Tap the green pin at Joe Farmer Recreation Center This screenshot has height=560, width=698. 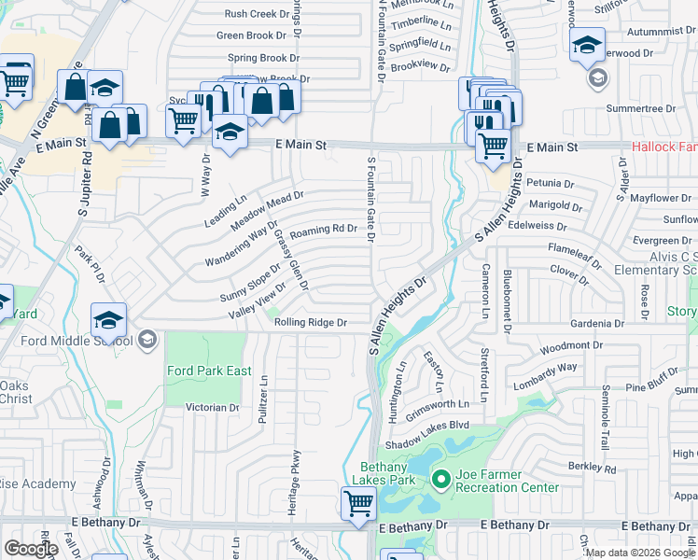coord(440,480)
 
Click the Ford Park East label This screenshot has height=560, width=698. coord(209,371)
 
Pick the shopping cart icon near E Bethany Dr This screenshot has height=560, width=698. coord(358,504)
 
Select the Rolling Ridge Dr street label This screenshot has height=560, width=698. coord(311,322)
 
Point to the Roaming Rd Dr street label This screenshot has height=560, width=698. coord(324,229)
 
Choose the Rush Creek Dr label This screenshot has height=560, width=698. coord(257,14)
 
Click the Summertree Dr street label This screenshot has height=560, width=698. coord(640,109)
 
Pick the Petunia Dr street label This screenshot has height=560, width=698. coord(550,184)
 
